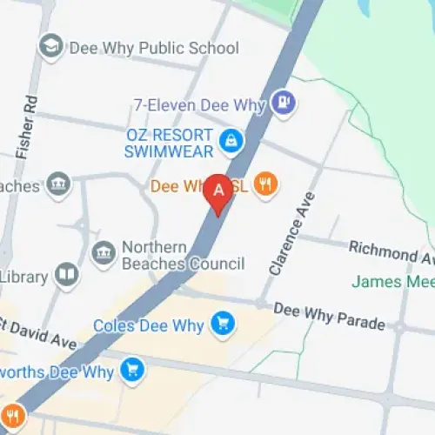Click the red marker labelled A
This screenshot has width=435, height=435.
click(218, 193)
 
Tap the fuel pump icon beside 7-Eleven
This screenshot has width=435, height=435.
click(284, 104)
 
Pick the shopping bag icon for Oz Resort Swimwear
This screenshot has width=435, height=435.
click(231, 139)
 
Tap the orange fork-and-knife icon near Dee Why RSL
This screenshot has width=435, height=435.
click(266, 185)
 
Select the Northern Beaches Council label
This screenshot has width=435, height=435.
click(183, 255)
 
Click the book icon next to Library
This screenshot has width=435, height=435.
click(66, 277)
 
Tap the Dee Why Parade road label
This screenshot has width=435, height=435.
click(329, 316)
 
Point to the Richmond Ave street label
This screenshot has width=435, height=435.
click(391, 252)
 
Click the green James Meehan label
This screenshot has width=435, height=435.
click(391, 282)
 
